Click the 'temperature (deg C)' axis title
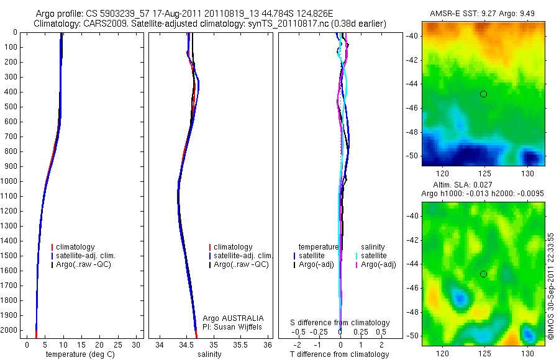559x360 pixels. [79, 354]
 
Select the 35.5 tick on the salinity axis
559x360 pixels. [240, 344]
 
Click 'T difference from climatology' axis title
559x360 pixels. [339, 354]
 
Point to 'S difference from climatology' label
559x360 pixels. [340, 323]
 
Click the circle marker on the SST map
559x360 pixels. [483, 94]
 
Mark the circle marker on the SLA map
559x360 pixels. [483, 274]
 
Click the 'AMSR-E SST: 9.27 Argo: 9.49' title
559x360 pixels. [483, 14]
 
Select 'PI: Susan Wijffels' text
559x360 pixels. [233, 326]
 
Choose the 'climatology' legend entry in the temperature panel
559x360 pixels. [76, 247]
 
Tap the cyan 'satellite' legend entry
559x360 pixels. [374, 256]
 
